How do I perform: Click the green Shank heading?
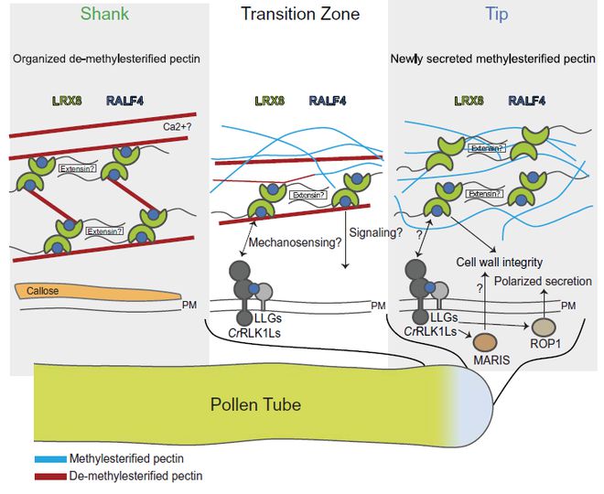coord(104,15)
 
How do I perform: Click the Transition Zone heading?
coord(300,15)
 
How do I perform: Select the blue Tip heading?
coord(497,15)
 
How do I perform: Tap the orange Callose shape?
coord(98,292)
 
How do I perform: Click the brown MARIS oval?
coord(485,342)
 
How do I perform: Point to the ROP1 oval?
coord(544,328)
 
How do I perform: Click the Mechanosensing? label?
coord(296,242)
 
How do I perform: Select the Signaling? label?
coord(375,232)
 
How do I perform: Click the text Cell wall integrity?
coord(500,263)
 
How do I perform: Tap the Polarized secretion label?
coord(543,282)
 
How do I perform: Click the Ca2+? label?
coord(178,126)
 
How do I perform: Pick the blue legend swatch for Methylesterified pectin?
coord(50,459)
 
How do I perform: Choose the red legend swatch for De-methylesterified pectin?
coord(50,477)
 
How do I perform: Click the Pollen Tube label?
coord(255,404)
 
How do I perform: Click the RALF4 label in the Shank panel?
coord(124,101)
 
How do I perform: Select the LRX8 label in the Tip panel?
coord(469,101)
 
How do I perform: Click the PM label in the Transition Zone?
coord(378,306)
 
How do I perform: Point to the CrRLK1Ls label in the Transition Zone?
coord(254,333)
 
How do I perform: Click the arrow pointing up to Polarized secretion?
coord(544,305)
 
